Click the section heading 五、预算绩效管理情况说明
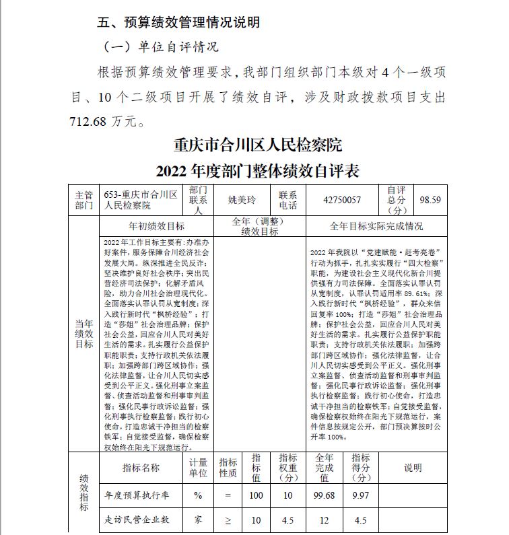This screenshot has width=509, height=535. (178, 22)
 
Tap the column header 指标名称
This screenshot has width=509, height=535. (141, 468)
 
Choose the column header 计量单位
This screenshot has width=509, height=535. (198, 468)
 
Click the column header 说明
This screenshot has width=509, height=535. (412, 468)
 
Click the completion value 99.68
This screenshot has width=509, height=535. (324, 495)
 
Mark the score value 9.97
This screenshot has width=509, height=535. (360, 495)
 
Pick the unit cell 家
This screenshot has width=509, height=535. (198, 520)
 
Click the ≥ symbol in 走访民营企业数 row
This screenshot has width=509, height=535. (228, 520)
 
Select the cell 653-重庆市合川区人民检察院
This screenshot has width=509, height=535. (141, 200)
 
